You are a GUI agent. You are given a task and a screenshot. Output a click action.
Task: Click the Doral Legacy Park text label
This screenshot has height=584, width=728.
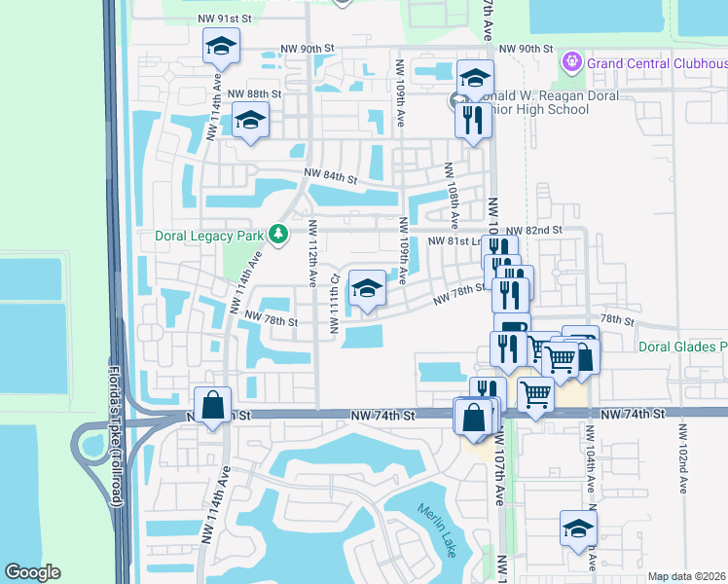coord(211,236)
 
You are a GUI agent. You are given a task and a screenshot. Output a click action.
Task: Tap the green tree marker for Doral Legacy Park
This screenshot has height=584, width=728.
coord(278,235)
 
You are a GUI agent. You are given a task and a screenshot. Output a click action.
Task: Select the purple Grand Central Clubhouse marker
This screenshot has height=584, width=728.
coord(571,63)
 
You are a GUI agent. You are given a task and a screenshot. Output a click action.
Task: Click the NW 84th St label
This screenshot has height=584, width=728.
coord(331,176)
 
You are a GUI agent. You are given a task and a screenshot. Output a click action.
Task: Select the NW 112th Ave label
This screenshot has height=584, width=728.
coord(312,253)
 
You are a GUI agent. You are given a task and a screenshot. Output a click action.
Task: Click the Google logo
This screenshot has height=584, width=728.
coord(32,572)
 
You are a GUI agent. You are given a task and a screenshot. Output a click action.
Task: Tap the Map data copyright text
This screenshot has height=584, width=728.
coord(685,576)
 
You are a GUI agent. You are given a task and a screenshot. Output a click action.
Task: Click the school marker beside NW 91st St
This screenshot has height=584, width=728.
coord(221,46)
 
